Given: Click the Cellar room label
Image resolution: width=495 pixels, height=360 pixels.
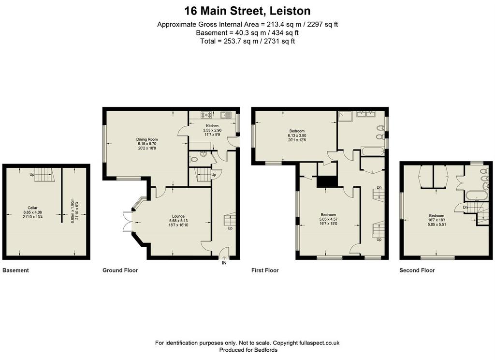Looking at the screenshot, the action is (x=32, y=208).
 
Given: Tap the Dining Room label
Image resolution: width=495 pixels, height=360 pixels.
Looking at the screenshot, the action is (x=147, y=139).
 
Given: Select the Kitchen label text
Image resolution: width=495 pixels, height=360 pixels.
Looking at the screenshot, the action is (x=212, y=126).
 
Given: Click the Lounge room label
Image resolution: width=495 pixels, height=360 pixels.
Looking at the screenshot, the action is (x=178, y=216).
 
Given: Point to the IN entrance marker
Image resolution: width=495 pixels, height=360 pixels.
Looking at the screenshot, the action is (x=224, y=263).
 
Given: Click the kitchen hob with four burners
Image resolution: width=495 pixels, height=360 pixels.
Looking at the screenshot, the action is (x=207, y=115).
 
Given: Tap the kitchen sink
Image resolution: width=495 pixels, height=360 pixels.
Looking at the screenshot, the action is (x=226, y=115).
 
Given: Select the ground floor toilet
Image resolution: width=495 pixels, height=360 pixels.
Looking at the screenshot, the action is (x=193, y=160).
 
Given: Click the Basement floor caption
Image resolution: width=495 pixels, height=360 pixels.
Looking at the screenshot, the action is (x=15, y=270).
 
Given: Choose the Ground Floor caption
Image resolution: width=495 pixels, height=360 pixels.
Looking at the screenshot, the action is (x=120, y=270).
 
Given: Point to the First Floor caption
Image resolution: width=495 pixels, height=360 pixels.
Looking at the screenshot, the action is (x=265, y=270).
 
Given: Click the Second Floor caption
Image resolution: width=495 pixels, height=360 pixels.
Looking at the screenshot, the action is (x=417, y=270).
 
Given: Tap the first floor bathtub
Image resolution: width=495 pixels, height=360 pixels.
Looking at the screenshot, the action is (x=373, y=151).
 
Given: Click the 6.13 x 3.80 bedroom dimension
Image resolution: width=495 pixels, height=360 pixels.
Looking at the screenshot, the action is (x=297, y=135).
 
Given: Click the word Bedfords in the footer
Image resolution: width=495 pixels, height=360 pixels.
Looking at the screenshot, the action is (x=265, y=350).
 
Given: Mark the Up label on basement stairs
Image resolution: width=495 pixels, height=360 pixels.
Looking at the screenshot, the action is (x=32, y=175).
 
